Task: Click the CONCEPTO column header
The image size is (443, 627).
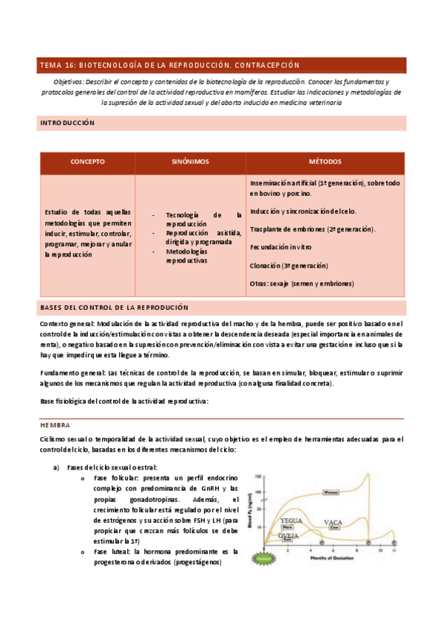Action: (87, 161)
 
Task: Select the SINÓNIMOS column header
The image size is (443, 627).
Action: (190, 161)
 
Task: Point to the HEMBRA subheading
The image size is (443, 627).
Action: (55, 425)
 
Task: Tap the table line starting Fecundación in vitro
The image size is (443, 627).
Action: (280, 248)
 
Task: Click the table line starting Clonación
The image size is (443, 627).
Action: (288, 265)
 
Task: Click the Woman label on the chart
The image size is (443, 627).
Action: (331, 492)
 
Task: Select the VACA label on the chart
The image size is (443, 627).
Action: (333, 523)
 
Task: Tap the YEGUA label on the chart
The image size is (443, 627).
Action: (291, 521)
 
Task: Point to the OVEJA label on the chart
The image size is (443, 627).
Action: (288, 535)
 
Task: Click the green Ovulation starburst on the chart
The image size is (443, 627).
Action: (266, 560)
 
